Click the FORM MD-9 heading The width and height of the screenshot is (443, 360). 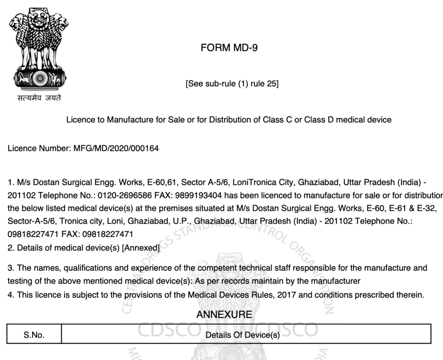(229, 48)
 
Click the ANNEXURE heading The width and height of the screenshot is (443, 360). (224, 315)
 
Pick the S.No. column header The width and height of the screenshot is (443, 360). (34, 335)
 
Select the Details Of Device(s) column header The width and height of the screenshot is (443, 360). (243, 335)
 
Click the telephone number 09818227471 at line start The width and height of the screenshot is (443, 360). (28, 234)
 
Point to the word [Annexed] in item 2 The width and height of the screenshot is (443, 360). (141, 248)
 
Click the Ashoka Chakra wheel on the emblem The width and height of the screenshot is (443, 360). (40, 78)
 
